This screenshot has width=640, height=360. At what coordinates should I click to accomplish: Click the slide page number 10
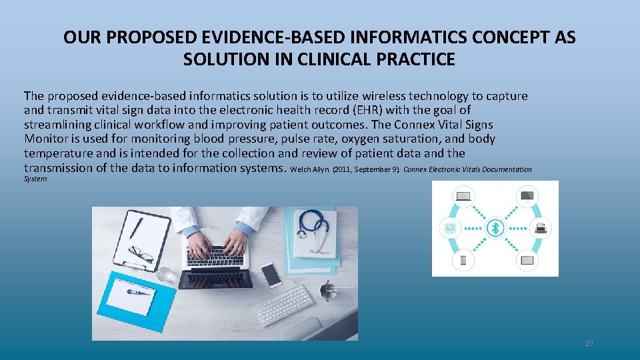[x=588, y=343]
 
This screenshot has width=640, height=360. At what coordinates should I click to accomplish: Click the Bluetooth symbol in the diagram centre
[x=495, y=229]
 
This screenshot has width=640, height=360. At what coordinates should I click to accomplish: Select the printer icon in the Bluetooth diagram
[x=541, y=229]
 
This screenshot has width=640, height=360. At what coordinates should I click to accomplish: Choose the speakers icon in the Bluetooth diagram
[x=450, y=229]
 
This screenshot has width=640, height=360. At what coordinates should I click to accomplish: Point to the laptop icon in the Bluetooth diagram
[x=463, y=196]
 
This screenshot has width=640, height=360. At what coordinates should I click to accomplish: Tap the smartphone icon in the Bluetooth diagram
[x=463, y=260]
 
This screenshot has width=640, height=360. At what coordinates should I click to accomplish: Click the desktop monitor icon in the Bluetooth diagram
[x=527, y=196]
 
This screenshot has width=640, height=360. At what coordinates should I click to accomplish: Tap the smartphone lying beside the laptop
[x=271, y=273]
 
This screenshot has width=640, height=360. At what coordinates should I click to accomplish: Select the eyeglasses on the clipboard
[x=141, y=254]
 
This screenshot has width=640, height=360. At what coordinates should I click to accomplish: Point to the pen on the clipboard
[x=137, y=227]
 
